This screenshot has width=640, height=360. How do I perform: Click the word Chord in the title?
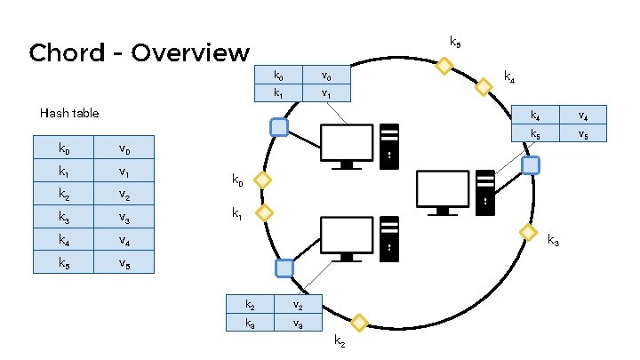68,53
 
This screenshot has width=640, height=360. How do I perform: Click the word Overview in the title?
190,53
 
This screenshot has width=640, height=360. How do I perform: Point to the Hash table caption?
69,113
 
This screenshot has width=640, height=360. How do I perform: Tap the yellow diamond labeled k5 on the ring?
443,65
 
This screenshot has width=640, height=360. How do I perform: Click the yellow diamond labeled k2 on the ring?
359,323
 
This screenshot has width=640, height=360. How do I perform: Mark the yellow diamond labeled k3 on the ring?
527,232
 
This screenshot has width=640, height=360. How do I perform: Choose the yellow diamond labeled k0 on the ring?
261,180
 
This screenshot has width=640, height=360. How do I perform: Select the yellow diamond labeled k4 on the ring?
484,87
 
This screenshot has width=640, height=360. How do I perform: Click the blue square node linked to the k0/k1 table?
279,127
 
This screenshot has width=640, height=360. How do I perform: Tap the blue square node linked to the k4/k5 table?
530,165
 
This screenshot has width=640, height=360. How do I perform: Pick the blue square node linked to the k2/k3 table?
284,268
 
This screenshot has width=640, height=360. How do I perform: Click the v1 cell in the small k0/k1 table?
326,92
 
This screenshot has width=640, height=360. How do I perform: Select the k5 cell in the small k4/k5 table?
535,134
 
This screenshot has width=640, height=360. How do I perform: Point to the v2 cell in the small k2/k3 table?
298,305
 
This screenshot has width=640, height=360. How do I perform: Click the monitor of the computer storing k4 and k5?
442,190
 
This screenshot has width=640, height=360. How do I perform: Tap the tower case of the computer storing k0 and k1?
389,147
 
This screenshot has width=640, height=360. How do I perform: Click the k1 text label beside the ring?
237,213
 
